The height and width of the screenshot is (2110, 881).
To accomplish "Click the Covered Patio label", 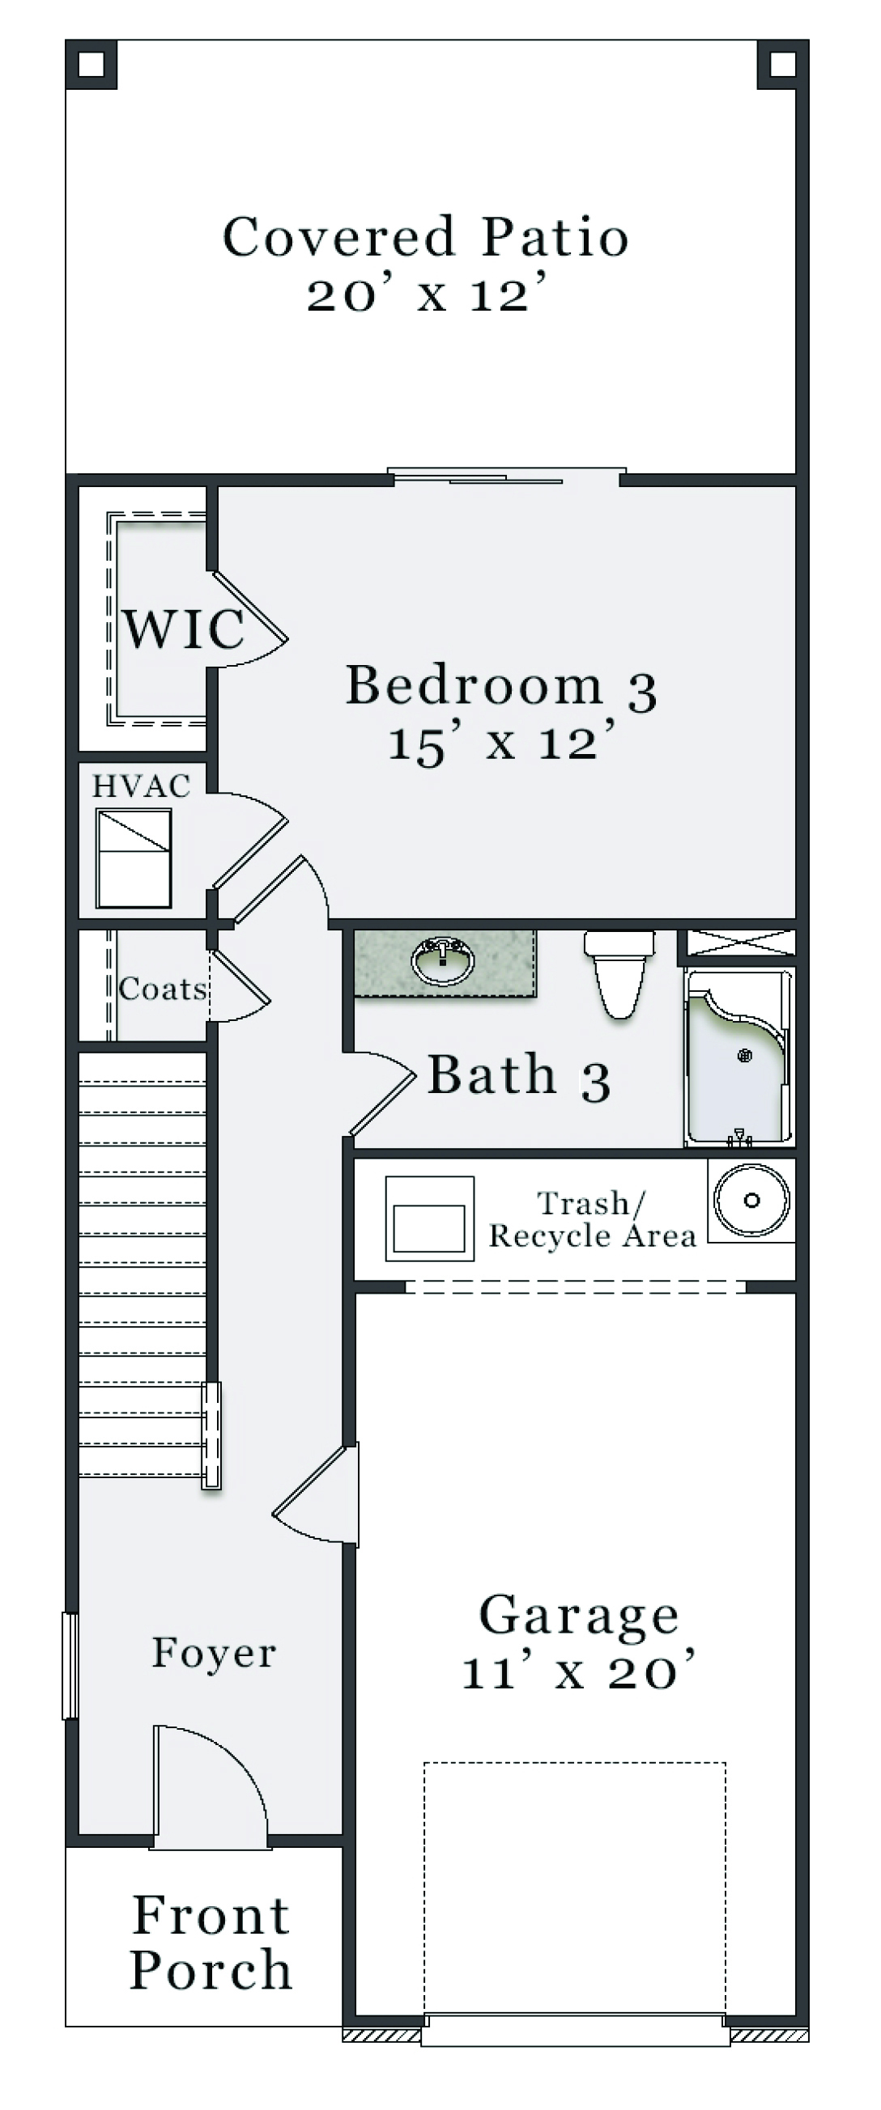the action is coord(425,237).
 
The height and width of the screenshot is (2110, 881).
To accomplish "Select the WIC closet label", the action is coord(184,629).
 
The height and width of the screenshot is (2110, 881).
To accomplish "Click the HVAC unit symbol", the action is coord(134,858).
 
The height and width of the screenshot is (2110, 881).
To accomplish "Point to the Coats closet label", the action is coord(162,989).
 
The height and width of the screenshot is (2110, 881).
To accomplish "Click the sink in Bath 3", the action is coord(444,960).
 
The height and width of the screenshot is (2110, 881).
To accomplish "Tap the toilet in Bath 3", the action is coord(619,972).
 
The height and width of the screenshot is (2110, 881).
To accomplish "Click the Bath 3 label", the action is coord(519,1074).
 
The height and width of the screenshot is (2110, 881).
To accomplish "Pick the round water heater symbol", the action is coord(751,1201).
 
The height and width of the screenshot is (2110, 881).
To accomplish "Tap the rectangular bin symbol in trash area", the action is coord(429,1218).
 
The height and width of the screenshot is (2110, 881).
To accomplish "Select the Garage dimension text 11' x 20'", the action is coord(579,1671).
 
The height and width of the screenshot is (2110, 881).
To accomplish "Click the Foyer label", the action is coord(214,1652).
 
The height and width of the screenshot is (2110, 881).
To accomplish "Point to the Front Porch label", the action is coord(211,1942).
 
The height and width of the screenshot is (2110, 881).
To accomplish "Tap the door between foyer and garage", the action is coord(316,1495).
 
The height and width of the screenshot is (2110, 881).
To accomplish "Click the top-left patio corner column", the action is coord(91,64).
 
